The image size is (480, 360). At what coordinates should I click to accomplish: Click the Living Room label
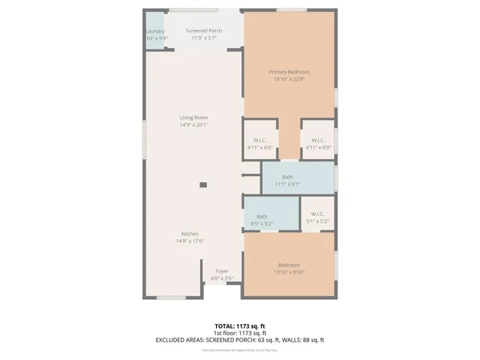point(193,118)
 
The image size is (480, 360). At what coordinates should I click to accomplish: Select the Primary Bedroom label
point(289,72)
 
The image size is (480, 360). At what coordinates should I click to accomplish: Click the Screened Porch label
point(204,31)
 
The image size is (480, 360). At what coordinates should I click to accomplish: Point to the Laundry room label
point(154,31)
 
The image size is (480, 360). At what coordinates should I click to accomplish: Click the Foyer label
point(222,271)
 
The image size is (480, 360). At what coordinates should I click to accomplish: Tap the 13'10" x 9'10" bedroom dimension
point(289,272)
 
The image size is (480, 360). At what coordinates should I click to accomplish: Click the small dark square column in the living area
point(203,184)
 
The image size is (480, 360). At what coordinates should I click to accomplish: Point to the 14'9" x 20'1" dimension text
point(193,125)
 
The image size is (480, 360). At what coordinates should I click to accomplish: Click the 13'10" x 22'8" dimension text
point(289,79)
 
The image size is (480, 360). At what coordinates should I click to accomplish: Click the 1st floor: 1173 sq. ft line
point(239,334)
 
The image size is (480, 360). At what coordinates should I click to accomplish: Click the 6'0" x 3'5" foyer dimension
point(222,278)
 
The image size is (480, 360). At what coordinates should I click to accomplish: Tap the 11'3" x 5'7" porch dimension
point(204,38)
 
